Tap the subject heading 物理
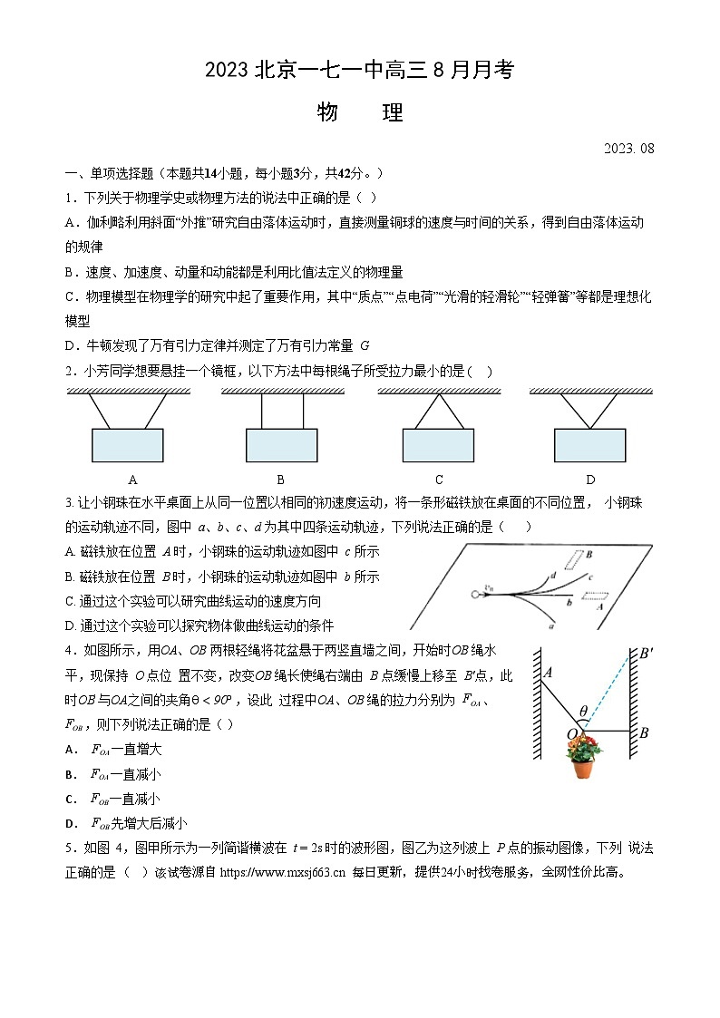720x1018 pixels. click(359, 113)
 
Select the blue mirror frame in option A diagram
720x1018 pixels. click(127, 445)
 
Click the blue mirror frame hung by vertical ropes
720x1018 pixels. click(281, 445)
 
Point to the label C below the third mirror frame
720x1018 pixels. click(439, 480)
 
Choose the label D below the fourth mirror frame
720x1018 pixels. click(590, 480)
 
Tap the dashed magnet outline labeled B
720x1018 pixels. click(574, 558)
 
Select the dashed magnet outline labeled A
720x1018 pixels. click(595, 597)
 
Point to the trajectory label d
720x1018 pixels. click(552, 574)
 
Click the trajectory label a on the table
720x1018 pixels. click(553, 625)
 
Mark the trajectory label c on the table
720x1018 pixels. click(589, 577)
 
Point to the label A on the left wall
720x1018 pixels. click(548, 673)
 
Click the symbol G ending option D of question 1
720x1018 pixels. click(365, 345)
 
